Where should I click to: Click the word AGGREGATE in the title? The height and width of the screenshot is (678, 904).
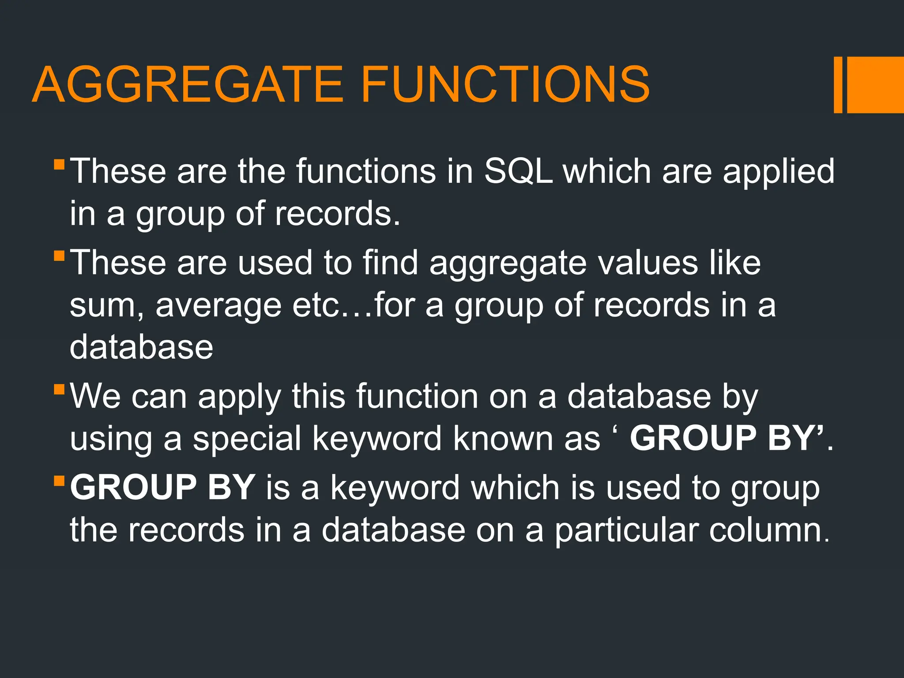188,84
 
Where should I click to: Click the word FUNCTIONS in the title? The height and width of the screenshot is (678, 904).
505,84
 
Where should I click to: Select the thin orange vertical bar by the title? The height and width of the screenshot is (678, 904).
838,85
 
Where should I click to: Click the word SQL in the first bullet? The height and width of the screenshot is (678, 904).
518,171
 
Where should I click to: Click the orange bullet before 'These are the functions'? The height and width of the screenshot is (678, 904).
59,165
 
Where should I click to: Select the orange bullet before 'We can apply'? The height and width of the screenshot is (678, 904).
59,390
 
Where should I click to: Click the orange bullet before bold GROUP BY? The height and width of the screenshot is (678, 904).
59,480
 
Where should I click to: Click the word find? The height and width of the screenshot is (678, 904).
390,263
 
